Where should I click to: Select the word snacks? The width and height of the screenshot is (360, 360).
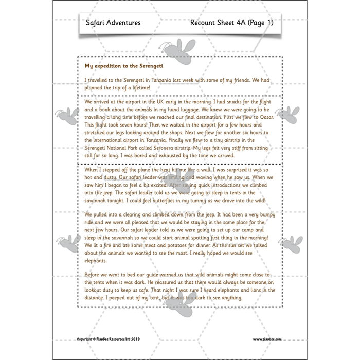(x=230, y=102)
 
